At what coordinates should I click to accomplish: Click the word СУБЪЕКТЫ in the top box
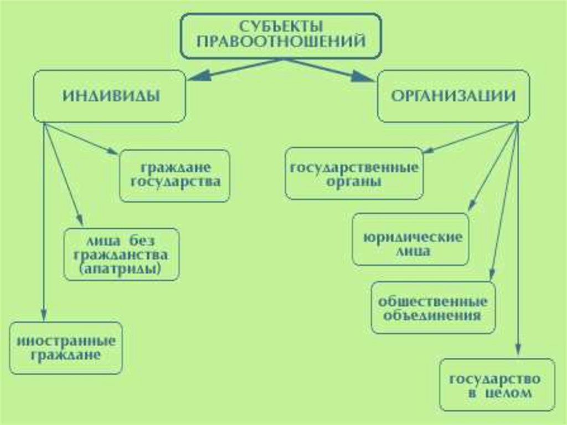click(282, 26)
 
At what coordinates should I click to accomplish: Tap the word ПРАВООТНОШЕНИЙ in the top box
click(282, 41)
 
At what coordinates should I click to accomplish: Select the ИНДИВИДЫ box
click(110, 95)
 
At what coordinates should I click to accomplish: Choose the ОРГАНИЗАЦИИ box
click(453, 95)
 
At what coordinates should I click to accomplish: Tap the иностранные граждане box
click(66, 347)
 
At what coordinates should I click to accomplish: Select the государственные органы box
click(354, 173)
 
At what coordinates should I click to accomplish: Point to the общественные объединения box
click(432, 308)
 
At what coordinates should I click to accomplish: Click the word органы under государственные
click(354, 181)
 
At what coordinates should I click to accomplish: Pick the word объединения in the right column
click(432, 315)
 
